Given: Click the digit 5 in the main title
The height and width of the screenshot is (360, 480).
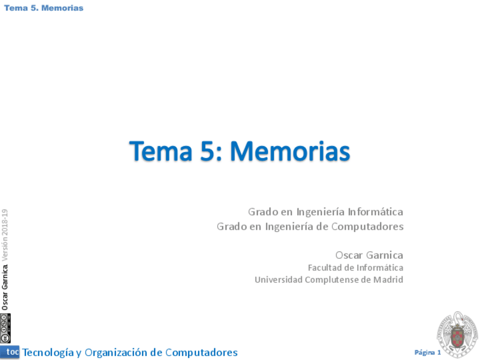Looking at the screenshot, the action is [208, 151].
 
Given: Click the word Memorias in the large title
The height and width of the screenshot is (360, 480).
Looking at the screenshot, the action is [290, 151].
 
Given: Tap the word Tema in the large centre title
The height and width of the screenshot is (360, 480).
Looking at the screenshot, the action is [161, 151].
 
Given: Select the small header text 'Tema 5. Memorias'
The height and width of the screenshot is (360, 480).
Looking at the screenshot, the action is [44, 8].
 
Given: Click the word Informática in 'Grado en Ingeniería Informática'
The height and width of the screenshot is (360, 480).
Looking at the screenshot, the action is [375, 212].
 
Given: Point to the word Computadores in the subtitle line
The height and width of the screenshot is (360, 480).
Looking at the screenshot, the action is [367, 227].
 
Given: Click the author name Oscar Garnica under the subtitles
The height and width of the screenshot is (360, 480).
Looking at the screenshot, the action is [369, 255].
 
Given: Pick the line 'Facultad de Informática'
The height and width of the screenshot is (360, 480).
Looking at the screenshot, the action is [355, 268].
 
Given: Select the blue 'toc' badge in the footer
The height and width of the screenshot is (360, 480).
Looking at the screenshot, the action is [10, 352].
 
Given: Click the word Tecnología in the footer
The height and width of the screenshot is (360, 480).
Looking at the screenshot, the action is [48, 353].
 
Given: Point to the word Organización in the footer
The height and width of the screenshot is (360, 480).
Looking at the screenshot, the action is [115, 353].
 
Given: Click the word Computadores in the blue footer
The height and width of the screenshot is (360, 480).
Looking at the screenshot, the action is [202, 353].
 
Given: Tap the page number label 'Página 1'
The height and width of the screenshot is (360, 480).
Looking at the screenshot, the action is [428, 352].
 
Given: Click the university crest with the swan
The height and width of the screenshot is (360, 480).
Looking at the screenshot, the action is [457, 335].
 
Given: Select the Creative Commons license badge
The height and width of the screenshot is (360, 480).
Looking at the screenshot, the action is [5, 328].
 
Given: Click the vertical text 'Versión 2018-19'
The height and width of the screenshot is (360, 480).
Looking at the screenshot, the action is [5, 235].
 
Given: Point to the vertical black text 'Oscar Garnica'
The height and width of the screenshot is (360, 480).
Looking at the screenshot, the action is [5, 288].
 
